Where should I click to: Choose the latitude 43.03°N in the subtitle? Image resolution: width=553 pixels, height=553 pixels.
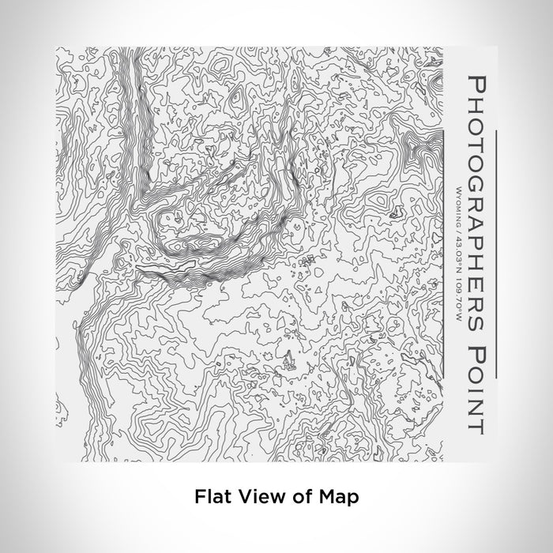pyautogui.click(x=459, y=241)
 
